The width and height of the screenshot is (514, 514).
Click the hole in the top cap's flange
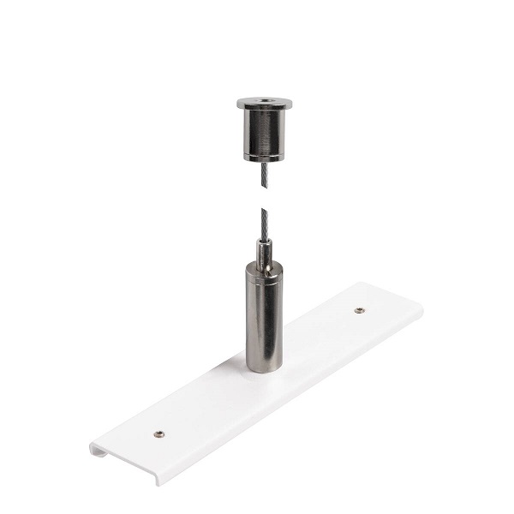tap(264, 101)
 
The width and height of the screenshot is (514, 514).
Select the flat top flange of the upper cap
tap(250, 104)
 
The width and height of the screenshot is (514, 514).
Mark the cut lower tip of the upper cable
tap(266, 188)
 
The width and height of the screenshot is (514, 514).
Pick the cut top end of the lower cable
tap(264, 211)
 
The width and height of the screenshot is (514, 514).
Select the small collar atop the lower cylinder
tap(265, 253)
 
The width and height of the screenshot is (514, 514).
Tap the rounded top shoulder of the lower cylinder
tap(265, 268)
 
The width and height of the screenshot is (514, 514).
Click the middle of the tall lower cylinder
tap(265, 317)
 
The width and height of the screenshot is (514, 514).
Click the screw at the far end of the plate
tap(360, 310)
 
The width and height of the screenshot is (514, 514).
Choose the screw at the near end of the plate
tap(158, 433)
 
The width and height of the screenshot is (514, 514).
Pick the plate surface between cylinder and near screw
tap(210, 403)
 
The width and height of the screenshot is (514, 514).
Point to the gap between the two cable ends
tap(266, 199)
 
